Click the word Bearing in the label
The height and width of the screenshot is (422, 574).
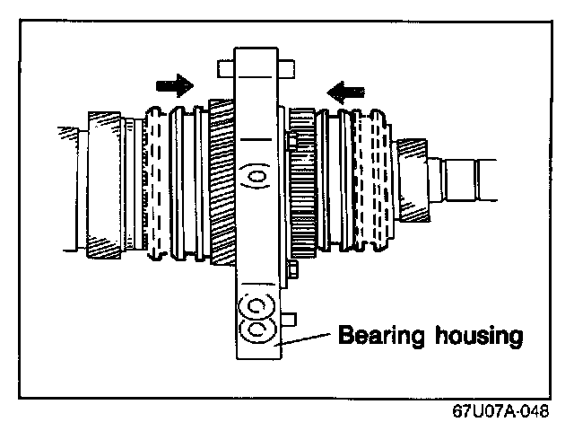coord(378,337)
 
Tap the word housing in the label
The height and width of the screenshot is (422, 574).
coord(474,337)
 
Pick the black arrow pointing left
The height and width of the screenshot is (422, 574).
coord(346,90)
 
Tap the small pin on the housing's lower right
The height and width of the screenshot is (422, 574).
coord(289,319)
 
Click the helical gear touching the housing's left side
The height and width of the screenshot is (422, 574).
coord(221,180)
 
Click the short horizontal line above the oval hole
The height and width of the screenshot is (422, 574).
coord(255,140)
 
